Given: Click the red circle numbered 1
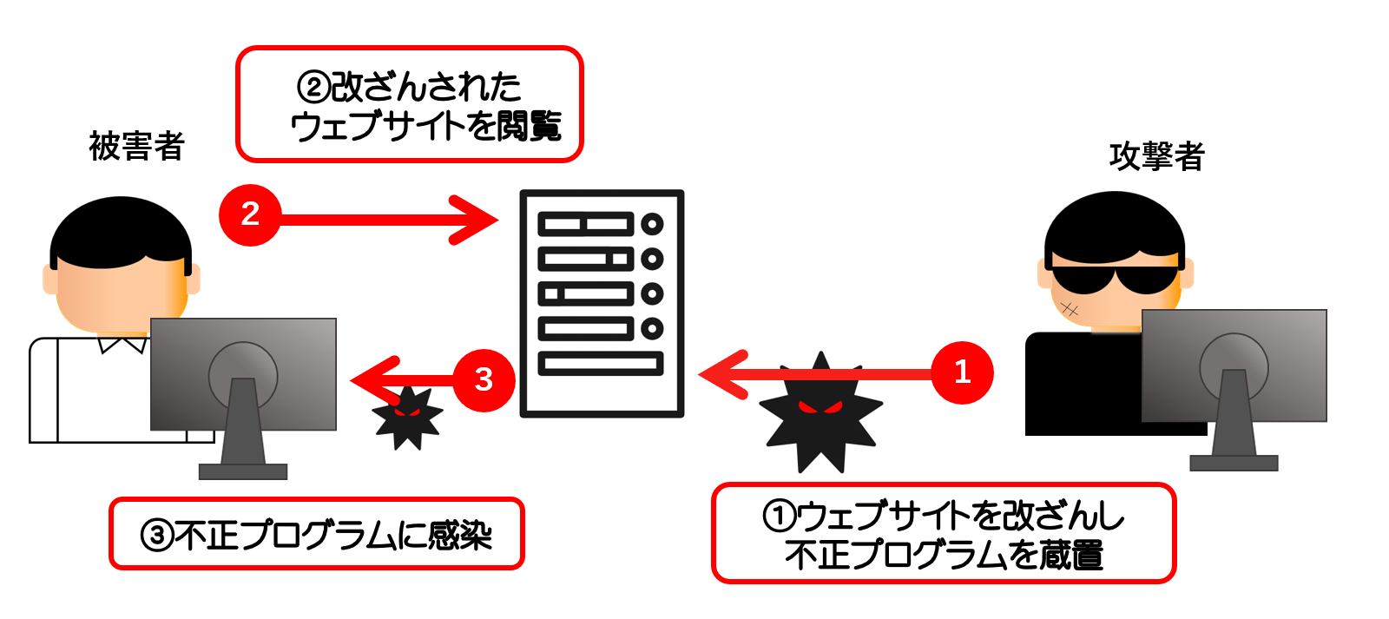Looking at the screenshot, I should click(x=962, y=372).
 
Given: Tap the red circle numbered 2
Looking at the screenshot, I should click(x=250, y=214).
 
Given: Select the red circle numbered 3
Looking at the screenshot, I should click(x=484, y=379).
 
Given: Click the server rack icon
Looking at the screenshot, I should click(x=602, y=303).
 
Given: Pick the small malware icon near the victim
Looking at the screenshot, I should click(x=407, y=417).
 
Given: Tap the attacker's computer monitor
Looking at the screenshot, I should click(x=1234, y=365).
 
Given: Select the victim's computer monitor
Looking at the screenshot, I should click(x=243, y=373).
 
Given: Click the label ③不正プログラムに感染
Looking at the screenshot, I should click(x=317, y=534).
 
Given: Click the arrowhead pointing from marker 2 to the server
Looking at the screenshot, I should click(x=476, y=221).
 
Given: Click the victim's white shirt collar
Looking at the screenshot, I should click(x=122, y=344).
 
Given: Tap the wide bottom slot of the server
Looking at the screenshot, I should click(x=601, y=363).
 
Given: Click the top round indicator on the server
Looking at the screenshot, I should click(x=652, y=224).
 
